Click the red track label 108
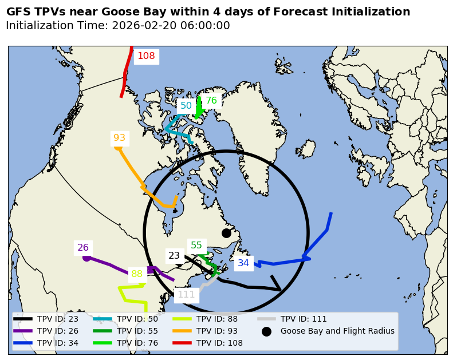[146, 56]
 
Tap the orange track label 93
[119, 138]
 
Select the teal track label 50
[186, 106]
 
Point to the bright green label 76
[211, 101]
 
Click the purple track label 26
[83, 248]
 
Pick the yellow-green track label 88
[137, 274]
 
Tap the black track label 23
[174, 256]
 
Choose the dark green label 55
[196, 246]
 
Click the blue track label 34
[243, 263]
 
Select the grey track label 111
[186, 295]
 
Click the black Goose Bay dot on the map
[226, 233]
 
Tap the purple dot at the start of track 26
[86, 258]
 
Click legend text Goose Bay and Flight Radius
[337, 331]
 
